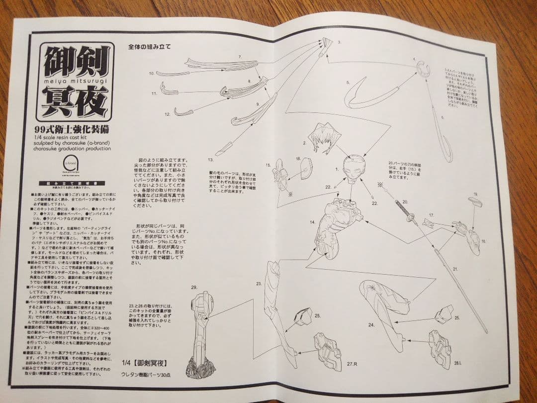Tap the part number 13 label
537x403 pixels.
click(210, 160)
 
